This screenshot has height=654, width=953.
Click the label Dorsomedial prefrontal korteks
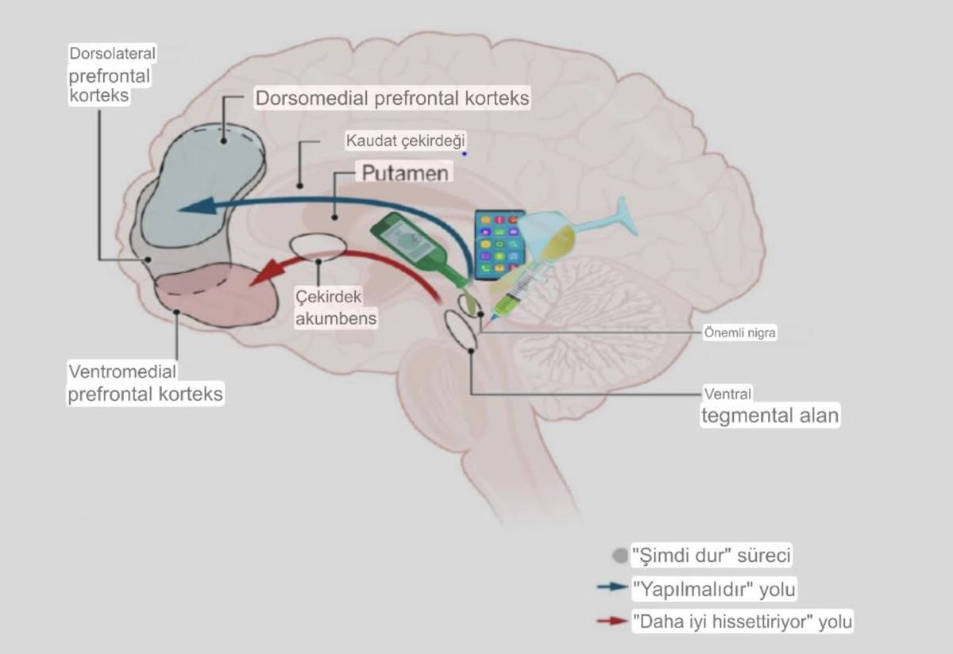point(392,99)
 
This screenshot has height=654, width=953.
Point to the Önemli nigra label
point(739,333)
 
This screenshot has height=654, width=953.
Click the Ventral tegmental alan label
point(769,407)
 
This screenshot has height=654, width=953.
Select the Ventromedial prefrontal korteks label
point(145,383)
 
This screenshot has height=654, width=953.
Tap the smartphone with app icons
point(500,244)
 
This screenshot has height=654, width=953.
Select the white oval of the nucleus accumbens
point(318,246)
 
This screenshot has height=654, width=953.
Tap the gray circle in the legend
point(620,555)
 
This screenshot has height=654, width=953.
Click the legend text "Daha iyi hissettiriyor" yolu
point(742,621)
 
